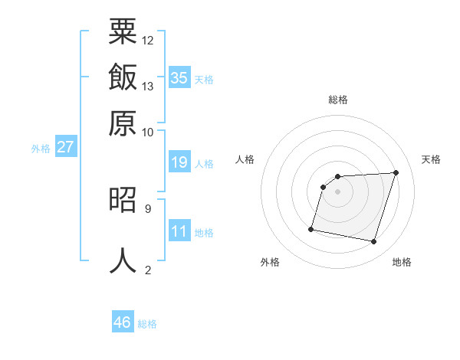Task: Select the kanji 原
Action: click(123, 122)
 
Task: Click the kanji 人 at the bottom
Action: click(123, 260)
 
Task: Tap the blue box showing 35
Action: click(179, 77)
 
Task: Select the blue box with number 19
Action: click(179, 162)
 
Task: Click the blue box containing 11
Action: click(179, 231)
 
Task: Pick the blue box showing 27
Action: click(65, 147)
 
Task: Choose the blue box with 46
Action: click(123, 322)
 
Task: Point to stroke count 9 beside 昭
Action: click(147, 208)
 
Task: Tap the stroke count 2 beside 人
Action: click(147, 270)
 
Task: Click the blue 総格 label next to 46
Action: click(147, 324)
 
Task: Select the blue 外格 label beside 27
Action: click(41, 149)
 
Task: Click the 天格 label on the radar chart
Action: click(431, 159)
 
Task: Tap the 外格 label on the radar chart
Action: click(270, 262)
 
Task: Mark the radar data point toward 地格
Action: click(374, 242)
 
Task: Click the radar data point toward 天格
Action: click(396, 172)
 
